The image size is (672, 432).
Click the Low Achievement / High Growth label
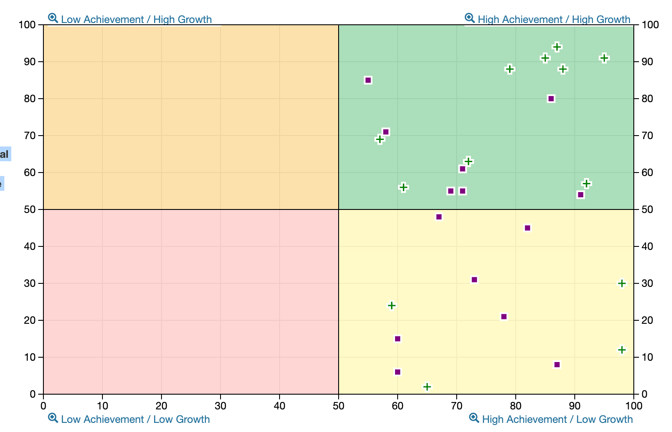[x=136, y=20]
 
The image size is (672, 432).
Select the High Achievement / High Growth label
[x=553, y=20]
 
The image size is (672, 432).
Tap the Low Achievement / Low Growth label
[x=135, y=419]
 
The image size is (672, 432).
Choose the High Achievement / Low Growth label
[x=557, y=419]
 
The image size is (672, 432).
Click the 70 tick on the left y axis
[x=30, y=136]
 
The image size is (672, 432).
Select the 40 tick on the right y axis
[x=647, y=246]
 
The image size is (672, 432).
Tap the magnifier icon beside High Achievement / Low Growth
[x=474, y=418]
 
